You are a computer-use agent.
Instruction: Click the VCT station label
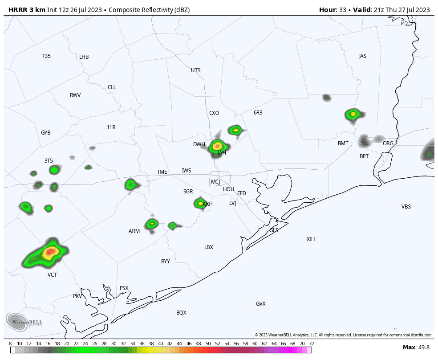coord(52,275)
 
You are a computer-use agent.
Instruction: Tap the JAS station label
coord(363,56)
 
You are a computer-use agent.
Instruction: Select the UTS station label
coord(196,70)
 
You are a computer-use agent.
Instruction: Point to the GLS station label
coord(274,230)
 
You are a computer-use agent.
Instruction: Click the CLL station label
coord(112,87)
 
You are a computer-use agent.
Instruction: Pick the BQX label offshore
coord(181,313)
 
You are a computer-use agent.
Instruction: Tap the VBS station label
coord(406,207)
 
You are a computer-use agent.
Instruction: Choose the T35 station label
coord(46,56)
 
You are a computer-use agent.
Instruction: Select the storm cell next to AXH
coord(199,203)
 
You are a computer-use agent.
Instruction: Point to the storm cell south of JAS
coord(353,115)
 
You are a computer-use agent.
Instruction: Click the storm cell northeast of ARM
coord(152,224)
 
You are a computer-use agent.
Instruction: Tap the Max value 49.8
coord(417,348)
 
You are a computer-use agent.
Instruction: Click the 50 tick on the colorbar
coord(208,344)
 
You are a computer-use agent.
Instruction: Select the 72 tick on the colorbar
coord(311,344)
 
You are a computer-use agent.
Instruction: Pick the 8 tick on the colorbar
coord(10,344)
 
